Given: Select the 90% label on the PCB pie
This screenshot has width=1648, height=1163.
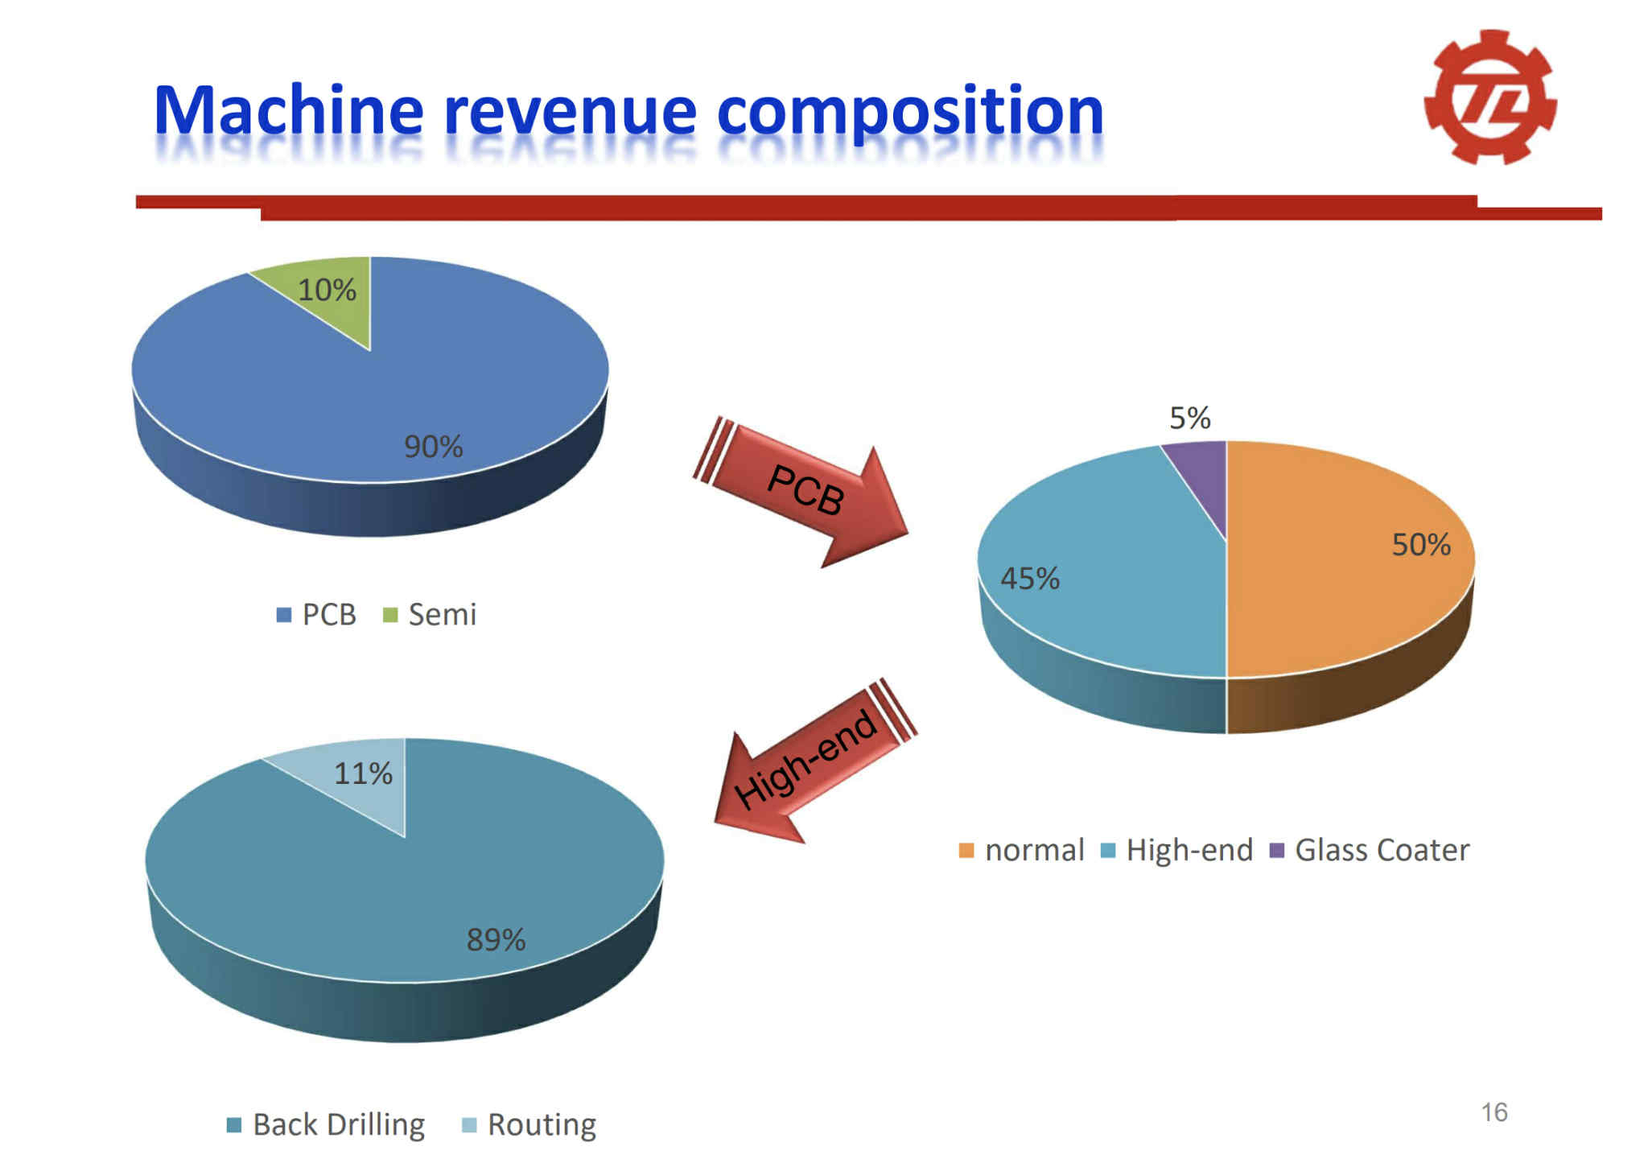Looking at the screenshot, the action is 433,447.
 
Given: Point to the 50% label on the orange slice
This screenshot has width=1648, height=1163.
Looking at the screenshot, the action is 1421,545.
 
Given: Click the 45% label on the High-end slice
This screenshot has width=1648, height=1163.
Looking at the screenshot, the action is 1030,579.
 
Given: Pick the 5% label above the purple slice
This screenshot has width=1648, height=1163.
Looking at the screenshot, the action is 1189,419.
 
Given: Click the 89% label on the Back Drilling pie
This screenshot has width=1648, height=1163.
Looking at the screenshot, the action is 496,939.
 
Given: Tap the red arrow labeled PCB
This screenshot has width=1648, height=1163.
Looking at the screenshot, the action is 801,491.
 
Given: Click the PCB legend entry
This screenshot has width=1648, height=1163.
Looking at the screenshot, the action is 316,615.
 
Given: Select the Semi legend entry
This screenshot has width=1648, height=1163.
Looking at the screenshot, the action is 430,615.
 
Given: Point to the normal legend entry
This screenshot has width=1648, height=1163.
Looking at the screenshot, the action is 1021,850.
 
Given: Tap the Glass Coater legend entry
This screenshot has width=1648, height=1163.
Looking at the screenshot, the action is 1370,850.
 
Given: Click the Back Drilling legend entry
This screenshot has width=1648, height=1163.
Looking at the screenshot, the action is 326,1125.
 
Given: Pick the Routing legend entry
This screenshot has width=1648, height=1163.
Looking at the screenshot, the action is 529,1125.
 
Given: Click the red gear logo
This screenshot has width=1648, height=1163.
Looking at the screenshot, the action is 1490,97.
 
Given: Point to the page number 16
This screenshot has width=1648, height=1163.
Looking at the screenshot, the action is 1494,1112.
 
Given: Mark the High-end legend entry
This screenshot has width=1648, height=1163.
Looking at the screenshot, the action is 1176,850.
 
